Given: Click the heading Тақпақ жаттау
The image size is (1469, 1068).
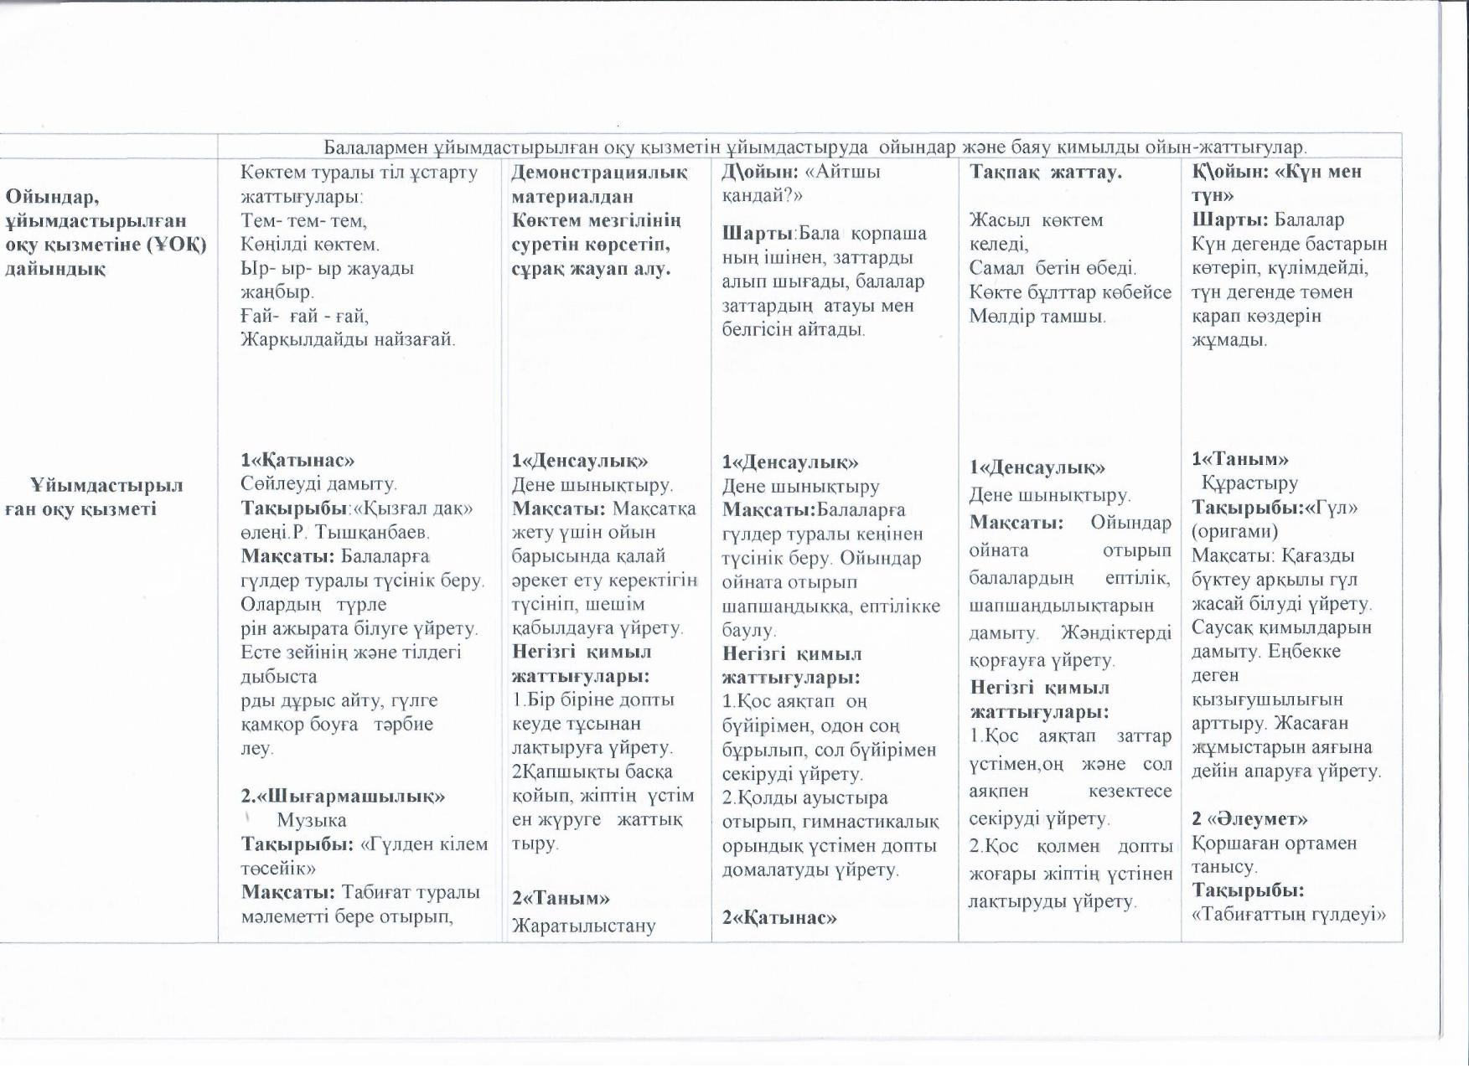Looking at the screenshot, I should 1045,172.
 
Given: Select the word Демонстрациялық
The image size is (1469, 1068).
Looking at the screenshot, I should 599,172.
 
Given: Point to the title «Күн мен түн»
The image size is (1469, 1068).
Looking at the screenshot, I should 1289,183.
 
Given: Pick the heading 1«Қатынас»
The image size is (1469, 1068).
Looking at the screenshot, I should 297,460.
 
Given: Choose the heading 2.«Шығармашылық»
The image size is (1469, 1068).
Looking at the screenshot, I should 343,796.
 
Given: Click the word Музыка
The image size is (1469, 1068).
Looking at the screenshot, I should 311,820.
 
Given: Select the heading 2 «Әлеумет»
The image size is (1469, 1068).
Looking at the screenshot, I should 1249,818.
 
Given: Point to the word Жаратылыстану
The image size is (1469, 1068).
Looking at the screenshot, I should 584,926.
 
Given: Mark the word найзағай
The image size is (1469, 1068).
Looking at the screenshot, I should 409,339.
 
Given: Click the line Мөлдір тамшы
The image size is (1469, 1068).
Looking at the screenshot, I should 1037,316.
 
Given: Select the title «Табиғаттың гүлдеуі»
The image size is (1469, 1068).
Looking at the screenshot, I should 1289,914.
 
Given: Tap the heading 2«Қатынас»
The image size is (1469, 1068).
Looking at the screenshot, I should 779,917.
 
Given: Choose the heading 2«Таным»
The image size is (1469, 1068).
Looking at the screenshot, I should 561,898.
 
